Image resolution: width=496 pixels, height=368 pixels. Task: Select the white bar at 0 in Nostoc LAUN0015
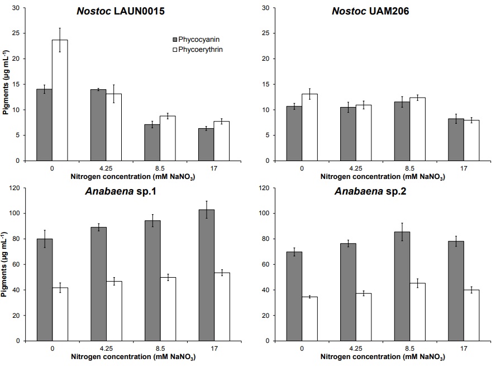click(x=60, y=100)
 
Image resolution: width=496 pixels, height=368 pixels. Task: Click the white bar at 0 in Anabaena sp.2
click(x=309, y=318)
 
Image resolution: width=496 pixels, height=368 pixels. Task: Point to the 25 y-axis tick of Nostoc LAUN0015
click(x=21, y=33)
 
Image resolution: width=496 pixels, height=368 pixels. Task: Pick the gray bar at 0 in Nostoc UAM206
click(x=294, y=133)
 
